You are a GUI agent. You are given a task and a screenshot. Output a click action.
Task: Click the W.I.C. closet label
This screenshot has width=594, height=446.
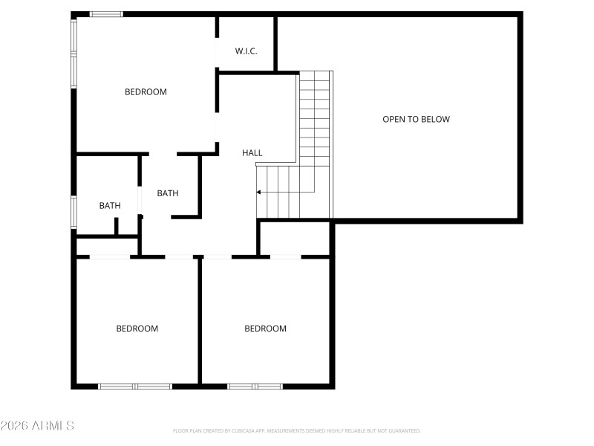pos(246,51)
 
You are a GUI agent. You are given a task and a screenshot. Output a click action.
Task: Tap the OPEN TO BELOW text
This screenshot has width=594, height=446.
pos(416,119)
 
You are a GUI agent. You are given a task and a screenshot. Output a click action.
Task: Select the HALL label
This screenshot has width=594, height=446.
pos(252,153)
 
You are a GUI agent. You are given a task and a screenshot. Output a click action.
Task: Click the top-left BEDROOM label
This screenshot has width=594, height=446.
pos(146,92)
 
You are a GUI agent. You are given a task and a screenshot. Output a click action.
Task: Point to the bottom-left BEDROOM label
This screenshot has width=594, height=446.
pos(137,329)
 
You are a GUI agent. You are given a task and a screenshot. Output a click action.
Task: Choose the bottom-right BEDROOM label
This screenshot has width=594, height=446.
pos(265,329)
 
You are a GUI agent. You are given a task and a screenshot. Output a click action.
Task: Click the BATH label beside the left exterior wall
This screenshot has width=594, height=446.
pos(110,206)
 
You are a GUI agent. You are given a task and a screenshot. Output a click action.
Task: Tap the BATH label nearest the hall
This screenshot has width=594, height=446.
pos(168,193)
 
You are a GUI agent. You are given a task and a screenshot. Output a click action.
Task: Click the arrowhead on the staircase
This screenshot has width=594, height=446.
pos(259,193)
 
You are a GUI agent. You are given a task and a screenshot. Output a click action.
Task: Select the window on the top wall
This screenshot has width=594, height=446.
pos(107,14)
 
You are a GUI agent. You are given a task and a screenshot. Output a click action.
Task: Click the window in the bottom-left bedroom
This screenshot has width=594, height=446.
pos(135,386)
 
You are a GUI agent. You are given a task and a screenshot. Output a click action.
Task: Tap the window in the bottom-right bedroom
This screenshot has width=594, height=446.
pos(255,386)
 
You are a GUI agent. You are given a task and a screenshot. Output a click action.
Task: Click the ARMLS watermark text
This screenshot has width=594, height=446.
pos(37,426)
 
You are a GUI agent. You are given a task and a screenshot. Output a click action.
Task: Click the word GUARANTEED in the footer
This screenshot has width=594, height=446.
pos(404,431)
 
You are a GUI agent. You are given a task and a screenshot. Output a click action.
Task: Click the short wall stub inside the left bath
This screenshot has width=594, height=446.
pos(116,226)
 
